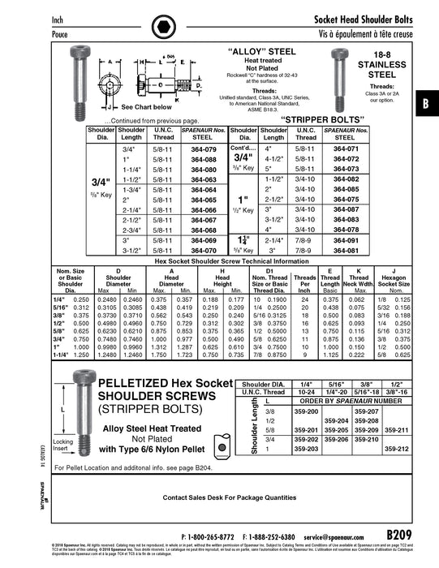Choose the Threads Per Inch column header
(305, 280)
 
